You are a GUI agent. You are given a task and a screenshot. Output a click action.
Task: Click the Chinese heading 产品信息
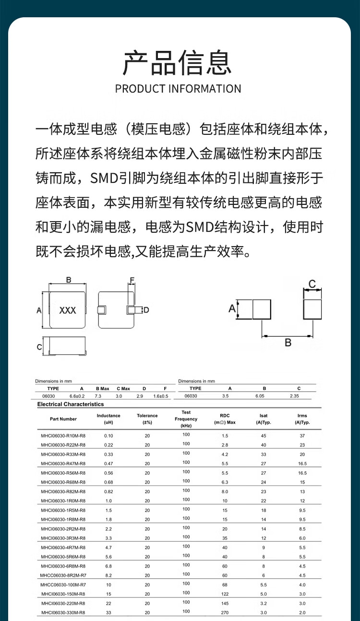click(178, 62)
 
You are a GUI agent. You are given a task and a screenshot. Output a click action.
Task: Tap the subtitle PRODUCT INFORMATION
click(178, 89)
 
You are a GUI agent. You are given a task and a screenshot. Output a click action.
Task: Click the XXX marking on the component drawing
click(68, 310)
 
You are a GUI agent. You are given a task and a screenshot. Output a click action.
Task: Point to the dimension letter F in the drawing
click(132, 280)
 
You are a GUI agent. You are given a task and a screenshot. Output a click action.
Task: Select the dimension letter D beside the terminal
click(146, 310)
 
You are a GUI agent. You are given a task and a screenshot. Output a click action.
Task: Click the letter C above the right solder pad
click(312, 285)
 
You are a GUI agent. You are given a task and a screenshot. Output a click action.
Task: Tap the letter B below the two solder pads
click(288, 343)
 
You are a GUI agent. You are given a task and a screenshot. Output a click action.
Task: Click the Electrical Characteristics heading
click(71, 405)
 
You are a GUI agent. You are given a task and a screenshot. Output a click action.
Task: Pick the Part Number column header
click(63, 419)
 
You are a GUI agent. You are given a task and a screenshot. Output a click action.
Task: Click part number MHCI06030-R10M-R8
click(63, 436)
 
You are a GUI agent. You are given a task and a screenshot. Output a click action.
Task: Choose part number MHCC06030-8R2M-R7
click(63, 574)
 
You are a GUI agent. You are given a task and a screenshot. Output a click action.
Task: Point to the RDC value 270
click(225, 612)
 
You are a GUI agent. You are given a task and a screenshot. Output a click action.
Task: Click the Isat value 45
click(263, 436)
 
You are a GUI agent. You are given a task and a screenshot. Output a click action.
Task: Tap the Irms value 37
click(302, 436)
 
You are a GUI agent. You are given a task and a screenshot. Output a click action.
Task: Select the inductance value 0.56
click(108, 473)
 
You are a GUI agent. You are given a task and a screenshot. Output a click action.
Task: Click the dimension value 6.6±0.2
click(77, 396)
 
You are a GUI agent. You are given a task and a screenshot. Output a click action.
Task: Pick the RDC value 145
click(225, 603)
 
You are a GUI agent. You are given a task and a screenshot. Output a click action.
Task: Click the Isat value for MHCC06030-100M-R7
click(263, 585)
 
